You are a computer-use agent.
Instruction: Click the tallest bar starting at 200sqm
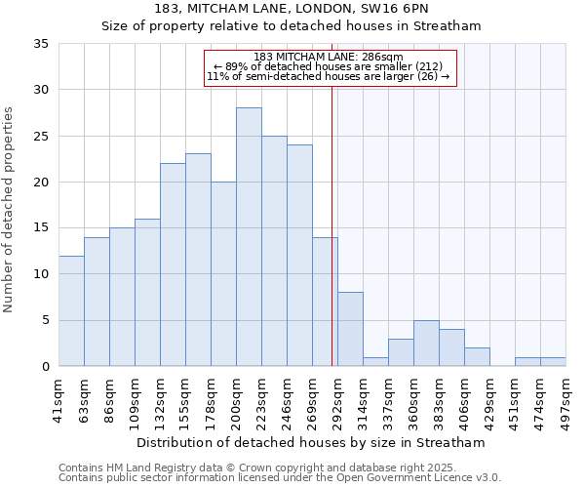click(x=249, y=237)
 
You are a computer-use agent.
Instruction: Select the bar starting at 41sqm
click(x=71, y=310)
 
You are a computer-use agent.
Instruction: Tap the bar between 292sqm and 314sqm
click(x=350, y=329)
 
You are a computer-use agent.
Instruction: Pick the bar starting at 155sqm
click(x=198, y=260)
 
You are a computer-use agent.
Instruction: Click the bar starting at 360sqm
click(x=426, y=343)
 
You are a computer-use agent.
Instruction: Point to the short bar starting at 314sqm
click(x=375, y=361)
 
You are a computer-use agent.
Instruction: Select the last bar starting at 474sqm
click(x=553, y=361)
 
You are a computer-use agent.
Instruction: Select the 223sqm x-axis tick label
click(x=262, y=399)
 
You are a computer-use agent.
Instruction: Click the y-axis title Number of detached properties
click(x=10, y=209)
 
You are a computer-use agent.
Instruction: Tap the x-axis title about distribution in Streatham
click(x=311, y=443)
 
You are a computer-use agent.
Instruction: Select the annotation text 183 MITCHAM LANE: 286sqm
click(x=328, y=57)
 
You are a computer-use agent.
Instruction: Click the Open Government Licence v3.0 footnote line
click(x=280, y=477)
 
